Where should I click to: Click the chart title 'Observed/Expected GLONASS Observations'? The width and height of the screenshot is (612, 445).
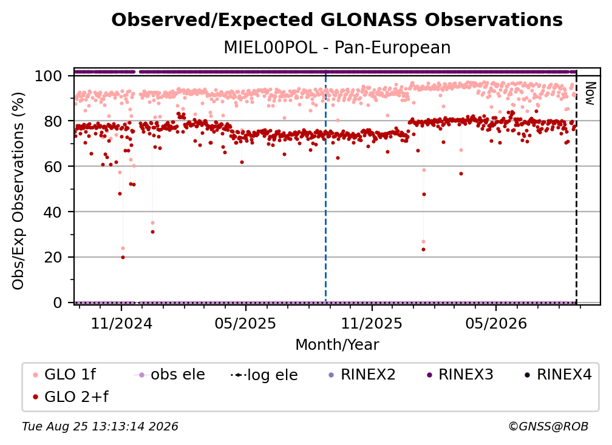pos(337,20)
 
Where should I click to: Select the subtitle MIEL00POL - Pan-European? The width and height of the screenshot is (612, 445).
pos(337,47)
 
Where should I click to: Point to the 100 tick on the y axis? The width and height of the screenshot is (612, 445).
pos(48,76)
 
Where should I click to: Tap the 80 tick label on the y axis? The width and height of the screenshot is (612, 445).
pos(53,121)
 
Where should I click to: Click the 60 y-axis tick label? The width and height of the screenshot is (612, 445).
pos(53,166)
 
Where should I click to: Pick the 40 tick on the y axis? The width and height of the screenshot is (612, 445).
pos(53,212)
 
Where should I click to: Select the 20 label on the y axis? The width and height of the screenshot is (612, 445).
pos(53,257)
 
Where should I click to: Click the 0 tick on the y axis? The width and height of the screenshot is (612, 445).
pos(57,303)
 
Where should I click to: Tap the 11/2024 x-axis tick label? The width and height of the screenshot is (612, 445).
pos(121,323)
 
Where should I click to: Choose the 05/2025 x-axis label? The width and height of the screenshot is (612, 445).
pos(245,323)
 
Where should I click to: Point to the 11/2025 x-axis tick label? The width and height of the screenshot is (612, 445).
pos(372,323)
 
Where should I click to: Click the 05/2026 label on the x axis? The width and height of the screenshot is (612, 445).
pos(496,323)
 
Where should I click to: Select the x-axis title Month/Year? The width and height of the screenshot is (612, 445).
pos(337,344)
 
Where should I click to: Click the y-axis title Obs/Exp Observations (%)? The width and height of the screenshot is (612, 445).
pos(18,190)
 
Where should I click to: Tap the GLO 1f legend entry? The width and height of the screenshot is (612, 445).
pos(65,375)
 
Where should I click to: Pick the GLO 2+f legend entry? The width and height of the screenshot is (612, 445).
pos(70,396)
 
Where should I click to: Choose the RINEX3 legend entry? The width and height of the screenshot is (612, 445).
pos(461,375)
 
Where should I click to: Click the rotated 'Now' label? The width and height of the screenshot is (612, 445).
pos(590,93)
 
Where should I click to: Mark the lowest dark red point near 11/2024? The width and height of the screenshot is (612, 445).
pos(123,257)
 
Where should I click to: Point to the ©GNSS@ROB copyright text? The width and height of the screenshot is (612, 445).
pos(548,426)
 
